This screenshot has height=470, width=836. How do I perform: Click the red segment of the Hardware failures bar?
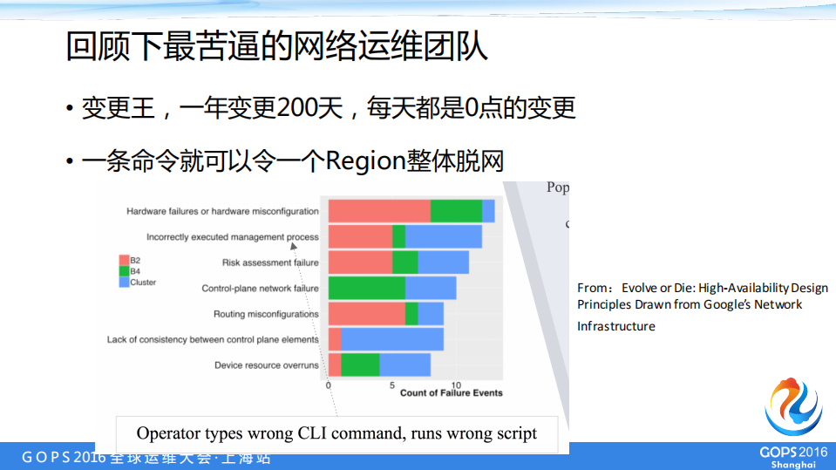tap(379, 211)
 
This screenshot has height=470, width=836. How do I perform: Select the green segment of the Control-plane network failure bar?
tap(367, 289)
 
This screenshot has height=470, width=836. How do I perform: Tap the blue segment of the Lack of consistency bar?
tap(392, 339)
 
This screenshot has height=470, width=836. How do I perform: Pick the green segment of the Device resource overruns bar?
tap(360, 364)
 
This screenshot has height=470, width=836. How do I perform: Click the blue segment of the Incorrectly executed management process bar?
tap(444, 236)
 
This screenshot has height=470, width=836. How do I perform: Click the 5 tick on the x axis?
tap(392, 385)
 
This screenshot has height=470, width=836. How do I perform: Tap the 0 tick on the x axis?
tap(329, 385)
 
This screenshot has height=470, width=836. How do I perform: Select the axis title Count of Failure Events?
tap(451, 393)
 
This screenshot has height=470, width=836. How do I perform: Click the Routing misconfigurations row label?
tap(266, 314)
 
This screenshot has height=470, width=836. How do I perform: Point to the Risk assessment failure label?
tap(270, 262)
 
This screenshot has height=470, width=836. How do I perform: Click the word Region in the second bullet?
tap(366, 161)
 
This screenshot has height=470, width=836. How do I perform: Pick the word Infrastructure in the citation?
tap(615, 326)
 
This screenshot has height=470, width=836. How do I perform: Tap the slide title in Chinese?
tap(277, 47)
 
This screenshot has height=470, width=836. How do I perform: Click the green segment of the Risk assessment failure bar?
tap(405, 262)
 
